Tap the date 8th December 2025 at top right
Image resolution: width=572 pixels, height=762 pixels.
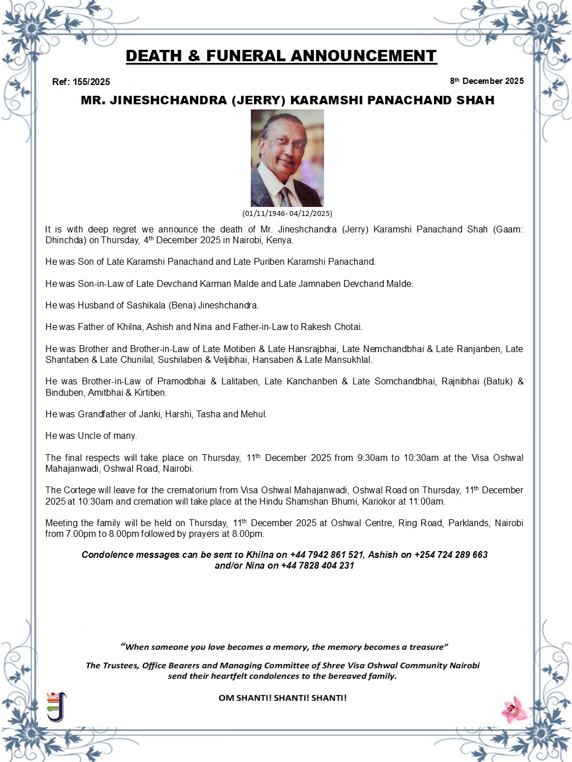click(x=487, y=81)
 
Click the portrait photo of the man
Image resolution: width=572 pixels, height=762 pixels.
click(x=287, y=158)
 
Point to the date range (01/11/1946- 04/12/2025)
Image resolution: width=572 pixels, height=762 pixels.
click(x=287, y=214)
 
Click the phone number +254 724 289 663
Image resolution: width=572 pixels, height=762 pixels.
click(x=451, y=555)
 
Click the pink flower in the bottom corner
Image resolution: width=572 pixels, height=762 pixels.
click(x=515, y=709)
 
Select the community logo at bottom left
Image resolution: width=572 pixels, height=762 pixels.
click(x=56, y=706)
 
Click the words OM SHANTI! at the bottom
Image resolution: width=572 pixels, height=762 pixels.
click(x=245, y=698)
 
